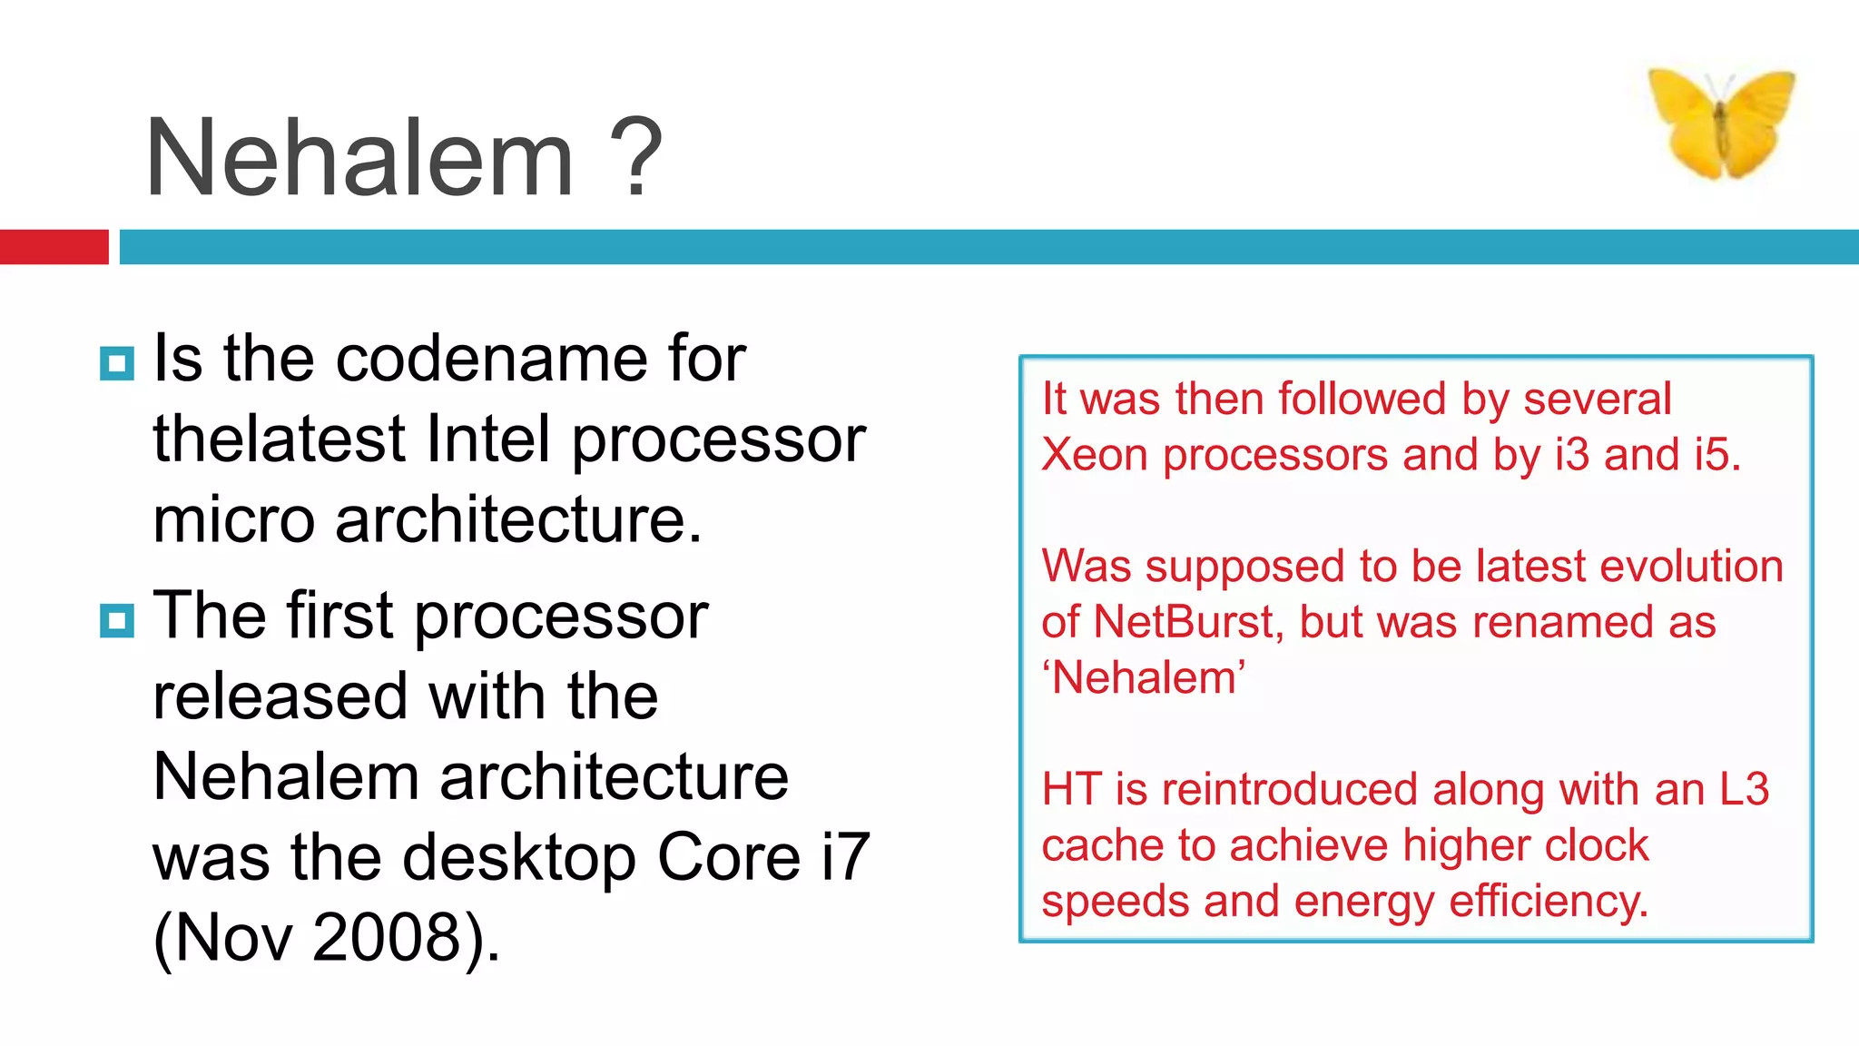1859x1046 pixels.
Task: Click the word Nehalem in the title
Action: [x=359, y=159]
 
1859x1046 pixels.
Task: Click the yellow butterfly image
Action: [x=1721, y=123]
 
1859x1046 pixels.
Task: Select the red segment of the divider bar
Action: [x=54, y=247]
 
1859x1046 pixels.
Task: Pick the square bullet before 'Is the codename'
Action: [x=117, y=364]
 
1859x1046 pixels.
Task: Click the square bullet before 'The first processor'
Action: [x=117, y=622]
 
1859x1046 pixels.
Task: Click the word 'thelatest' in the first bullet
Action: [x=279, y=439]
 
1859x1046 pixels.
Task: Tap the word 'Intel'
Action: [x=488, y=439]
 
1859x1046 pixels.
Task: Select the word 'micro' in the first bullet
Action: [x=233, y=520]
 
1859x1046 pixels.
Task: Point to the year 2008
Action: [x=389, y=938]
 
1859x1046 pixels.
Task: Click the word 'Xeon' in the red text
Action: [x=1094, y=455]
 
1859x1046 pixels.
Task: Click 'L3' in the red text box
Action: [x=1744, y=789]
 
